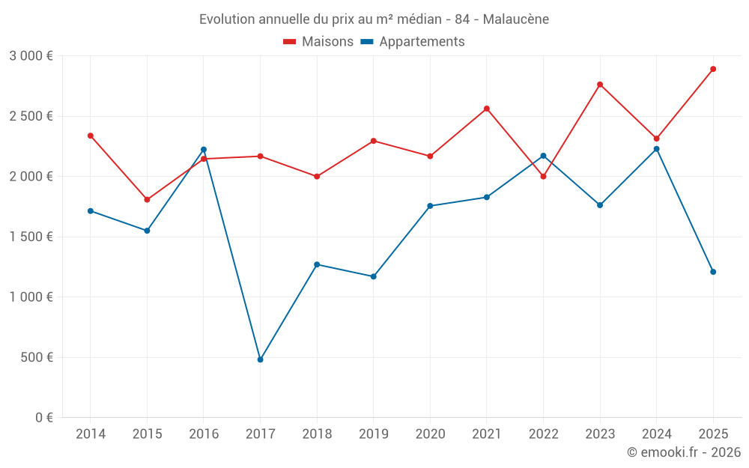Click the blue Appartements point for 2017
coord(260,359)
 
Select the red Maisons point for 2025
coord(713,69)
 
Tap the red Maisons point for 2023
coord(600,85)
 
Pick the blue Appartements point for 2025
coord(713,272)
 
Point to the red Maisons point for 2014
coord(91,136)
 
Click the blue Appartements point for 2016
coord(204,150)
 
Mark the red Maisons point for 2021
coord(487,109)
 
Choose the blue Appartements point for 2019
coord(374,276)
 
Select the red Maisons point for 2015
coord(147,200)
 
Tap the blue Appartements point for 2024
coord(657,149)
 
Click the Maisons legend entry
coord(318,42)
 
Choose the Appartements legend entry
coord(413,42)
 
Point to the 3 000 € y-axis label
coord(31,56)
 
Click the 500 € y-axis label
coord(36,357)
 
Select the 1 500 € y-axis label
coord(31,237)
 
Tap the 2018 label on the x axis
coord(317,434)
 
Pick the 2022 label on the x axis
coord(543,434)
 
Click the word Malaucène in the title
coord(516,19)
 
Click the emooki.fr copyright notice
coord(684,452)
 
